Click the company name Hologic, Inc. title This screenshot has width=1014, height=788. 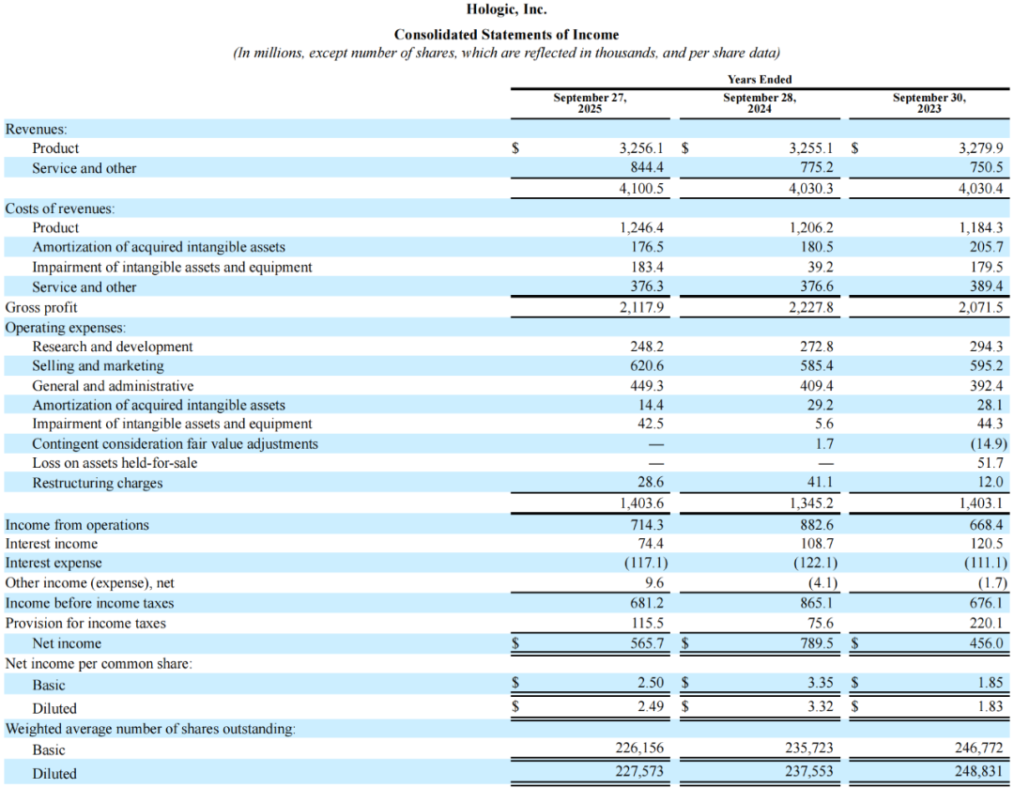pyautogui.click(x=506, y=10)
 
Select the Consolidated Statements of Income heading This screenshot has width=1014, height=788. pyautogui.click(x=506, y=35)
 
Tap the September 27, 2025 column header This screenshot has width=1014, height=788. pyautogui.click(x=590, y=102)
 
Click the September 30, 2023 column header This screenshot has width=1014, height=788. pyautogui.click(x=929, y=102)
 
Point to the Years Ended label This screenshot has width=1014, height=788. pyautogui.click(x=760, y=80)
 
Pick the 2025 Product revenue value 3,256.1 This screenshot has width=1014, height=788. pyautogui.click(x=641, y=148)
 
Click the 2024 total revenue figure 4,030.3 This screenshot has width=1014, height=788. pyautogui.click(x=811, y=188)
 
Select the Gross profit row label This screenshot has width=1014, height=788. pyautogui.click(x=41, y=307)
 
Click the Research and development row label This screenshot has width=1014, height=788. pyautogui.click(x=113, y=347)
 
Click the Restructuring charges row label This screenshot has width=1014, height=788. pyautogui.click(x=98, y=483)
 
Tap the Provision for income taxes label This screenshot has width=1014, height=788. pyautogui.click(x=85, y=623)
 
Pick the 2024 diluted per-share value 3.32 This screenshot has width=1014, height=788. pyautogui.click(x=821, y=706)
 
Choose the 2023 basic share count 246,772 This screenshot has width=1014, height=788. pyautogui.click(x=979, y=749)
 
